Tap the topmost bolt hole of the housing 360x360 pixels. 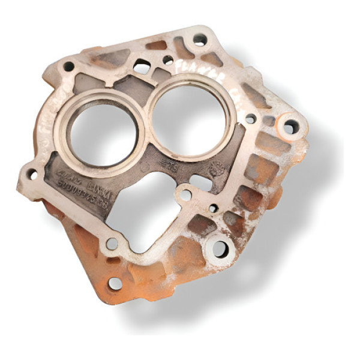point(199,40)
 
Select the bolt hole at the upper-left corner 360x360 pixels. point(69,66)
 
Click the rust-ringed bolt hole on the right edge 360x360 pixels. point(290,127)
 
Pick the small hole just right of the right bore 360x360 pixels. point(250,119)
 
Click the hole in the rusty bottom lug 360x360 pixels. point(115,283)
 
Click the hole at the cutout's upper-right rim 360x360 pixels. point(185,195)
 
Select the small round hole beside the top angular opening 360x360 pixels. point(168,60)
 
